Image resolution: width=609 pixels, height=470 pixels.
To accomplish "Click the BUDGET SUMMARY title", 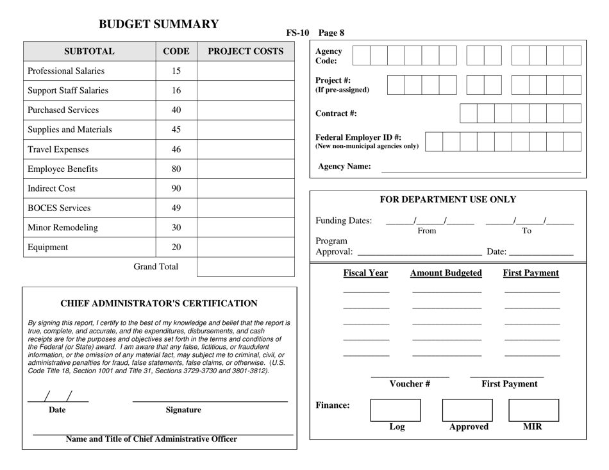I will [x=158, y=24].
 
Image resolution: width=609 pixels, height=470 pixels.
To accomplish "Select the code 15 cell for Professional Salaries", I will [x=176, y=71].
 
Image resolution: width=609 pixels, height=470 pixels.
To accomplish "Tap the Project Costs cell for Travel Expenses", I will [x=246, y=149].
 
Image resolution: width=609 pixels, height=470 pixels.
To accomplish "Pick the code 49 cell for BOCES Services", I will [x=176, y=208].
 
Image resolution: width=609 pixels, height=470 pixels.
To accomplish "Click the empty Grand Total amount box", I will [x=246, y=267].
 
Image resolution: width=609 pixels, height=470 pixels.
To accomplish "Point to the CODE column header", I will [x=176, y=51].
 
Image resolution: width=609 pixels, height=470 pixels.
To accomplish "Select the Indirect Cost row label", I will [x=52, y=189].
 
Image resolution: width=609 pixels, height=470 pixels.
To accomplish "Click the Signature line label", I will [x=183, y=410].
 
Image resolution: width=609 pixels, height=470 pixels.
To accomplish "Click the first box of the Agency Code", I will [x=362, y=56].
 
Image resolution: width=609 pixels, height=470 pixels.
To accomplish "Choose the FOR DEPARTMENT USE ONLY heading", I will [x=448, y=199].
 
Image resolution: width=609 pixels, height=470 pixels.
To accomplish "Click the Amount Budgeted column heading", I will [x=446, y=273].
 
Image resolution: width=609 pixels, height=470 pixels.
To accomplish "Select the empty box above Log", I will [x=396, y=410].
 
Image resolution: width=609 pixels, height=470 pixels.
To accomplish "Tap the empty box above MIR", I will [x=533, y=410].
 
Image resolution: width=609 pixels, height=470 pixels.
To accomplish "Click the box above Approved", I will [x=467, y=410].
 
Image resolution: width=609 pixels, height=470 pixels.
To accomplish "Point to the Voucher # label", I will [x=410, y=384].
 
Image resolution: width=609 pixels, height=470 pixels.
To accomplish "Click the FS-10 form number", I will [x=297, y=33].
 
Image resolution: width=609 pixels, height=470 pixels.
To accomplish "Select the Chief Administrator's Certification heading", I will [x=159, y=303].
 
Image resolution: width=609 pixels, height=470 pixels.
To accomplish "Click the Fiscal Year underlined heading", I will [x=365, y=273].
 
